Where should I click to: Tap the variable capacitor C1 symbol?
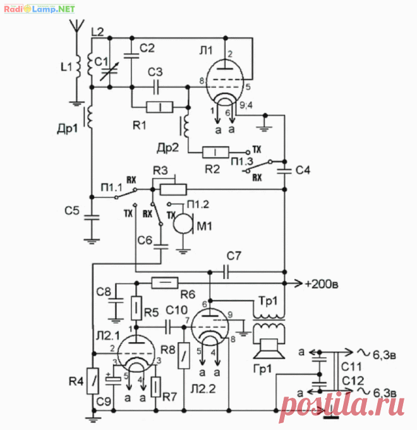109,71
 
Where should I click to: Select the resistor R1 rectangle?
160,107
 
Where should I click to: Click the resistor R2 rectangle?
215,152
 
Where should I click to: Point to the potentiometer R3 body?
173,189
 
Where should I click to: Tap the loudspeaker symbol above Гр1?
269,349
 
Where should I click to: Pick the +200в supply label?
321,284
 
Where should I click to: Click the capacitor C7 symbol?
226,272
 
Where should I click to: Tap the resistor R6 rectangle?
165,283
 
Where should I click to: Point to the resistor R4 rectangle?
93,381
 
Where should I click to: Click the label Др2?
167,148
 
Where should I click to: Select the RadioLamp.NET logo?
39,9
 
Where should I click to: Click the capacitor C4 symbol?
284,170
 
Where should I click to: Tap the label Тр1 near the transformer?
268,301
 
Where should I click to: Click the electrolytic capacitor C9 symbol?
113,380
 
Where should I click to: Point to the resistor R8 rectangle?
184,355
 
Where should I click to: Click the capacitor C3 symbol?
156,87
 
